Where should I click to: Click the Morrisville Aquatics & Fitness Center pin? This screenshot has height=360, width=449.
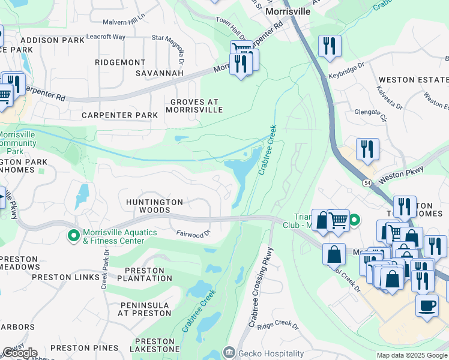74,236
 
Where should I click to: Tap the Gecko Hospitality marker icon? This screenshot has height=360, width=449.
229,353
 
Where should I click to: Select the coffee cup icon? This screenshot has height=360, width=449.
427,305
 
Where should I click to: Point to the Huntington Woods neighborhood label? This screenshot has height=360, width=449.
154,206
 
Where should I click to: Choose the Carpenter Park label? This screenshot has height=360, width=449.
119,115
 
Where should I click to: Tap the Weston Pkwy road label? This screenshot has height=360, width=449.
402,173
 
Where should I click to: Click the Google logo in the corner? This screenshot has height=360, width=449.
19,353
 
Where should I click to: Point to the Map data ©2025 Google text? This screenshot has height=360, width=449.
411,355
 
